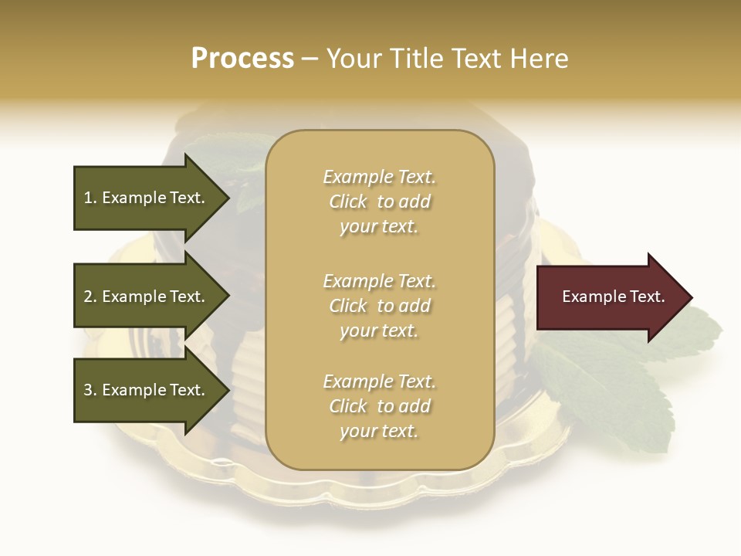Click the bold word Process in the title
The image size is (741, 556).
[242, 58]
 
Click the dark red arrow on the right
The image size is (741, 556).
[610, 297]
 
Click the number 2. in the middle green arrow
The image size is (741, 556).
[90, 297]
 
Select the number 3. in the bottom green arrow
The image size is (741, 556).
[90, 390]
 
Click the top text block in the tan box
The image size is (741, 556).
[379, 202]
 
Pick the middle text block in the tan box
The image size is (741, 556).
[379, 306]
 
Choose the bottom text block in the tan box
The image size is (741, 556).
[379, 406]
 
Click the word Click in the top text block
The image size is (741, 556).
[348, 202]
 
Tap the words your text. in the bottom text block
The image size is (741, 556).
[379, 431]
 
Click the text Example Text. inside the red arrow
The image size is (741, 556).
[613, 297]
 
